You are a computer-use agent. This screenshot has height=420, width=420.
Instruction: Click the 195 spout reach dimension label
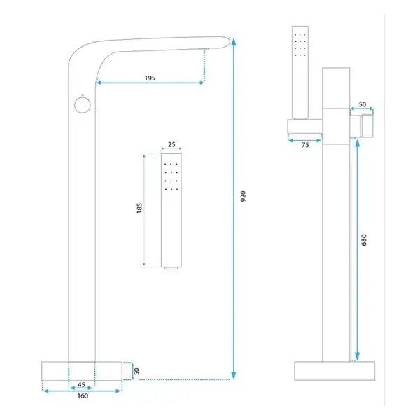pos(150,78)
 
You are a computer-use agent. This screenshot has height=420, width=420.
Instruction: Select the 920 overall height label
pos(243,196)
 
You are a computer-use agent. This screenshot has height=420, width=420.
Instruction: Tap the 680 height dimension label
pos(364,239)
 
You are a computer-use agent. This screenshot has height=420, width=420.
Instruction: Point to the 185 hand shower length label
pos(139,208)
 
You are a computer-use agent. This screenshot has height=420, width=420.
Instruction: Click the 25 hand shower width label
pos(171,144)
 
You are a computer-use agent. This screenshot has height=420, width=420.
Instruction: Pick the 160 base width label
pos(83,396)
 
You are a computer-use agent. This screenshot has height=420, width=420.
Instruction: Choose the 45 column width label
pos(81,384)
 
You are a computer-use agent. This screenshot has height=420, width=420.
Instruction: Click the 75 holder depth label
pos(305,145)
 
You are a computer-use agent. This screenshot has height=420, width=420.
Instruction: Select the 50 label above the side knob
pos(363,104)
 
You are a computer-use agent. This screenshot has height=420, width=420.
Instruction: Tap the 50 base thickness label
pos(136,371)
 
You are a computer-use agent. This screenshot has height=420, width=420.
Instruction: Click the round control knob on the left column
pos(83,105)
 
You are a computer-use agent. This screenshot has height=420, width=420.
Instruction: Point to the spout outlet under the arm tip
pos(204,49)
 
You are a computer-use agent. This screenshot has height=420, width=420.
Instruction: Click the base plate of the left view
pos(82,371)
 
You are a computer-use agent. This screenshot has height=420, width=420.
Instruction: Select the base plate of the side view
pos(335,371)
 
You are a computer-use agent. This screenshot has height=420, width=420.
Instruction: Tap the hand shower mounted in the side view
pos(300,72)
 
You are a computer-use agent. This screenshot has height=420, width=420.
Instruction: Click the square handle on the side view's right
pos(367,125)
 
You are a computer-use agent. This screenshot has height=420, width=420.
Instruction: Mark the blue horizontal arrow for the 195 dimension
pos(150,83)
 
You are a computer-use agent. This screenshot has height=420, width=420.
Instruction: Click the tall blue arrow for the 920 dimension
pos(234,209)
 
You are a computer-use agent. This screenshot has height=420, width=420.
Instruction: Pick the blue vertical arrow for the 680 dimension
pos(357,250)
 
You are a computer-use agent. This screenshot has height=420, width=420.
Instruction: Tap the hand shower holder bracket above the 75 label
pos(304,126)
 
